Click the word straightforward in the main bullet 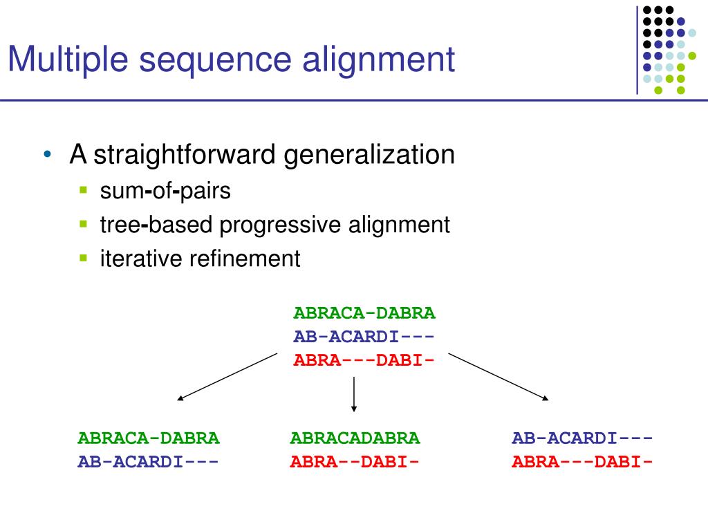coord(186,154)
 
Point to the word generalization coord(370,154)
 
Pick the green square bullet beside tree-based coord(84,224)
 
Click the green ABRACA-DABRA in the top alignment coord(364,313)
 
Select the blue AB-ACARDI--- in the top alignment coord(364,337)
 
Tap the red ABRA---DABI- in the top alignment coord(364,360)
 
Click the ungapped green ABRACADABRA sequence coord(355,438)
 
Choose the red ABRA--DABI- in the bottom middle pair coord(355,462)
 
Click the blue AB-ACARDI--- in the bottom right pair coord(582,438)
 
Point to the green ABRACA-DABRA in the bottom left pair coord(148,438)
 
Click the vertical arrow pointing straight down coord(354,394)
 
